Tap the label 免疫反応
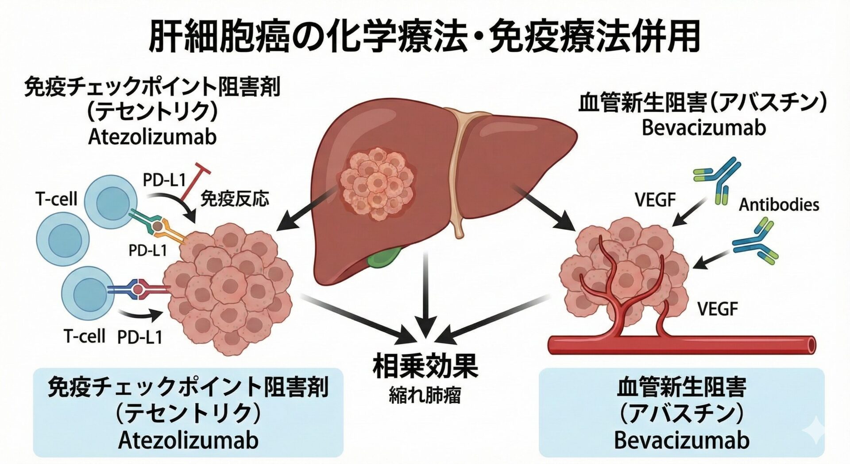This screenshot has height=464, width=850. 235,199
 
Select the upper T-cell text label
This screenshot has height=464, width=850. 56,199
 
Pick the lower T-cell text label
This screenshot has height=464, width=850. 85,336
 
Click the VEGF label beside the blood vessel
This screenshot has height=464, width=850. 718,309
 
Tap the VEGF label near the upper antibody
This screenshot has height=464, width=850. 655,200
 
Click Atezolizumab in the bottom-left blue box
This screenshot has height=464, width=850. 188,440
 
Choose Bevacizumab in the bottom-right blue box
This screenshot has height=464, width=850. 681,440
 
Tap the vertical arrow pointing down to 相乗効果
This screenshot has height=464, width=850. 425,292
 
